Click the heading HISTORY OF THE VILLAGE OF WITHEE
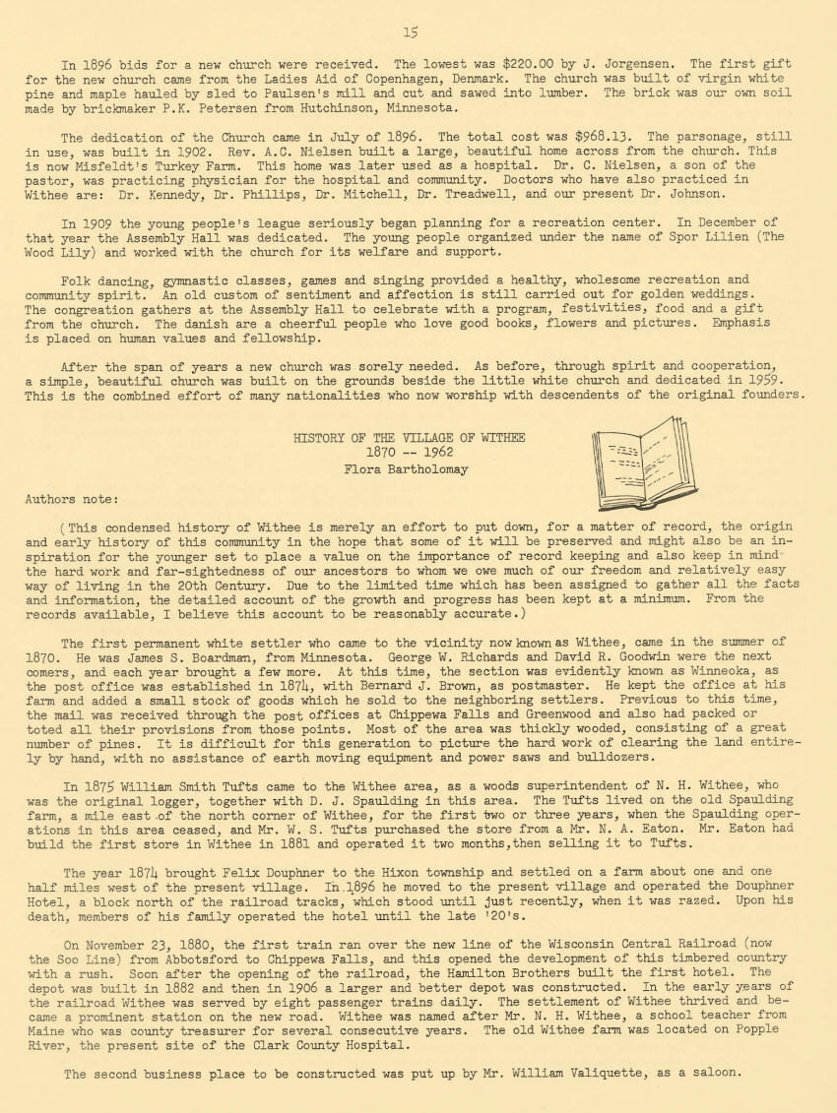click(x=409, y=438)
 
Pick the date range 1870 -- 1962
click(x=409, y=454)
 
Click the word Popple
click(x=755, y=1030)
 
